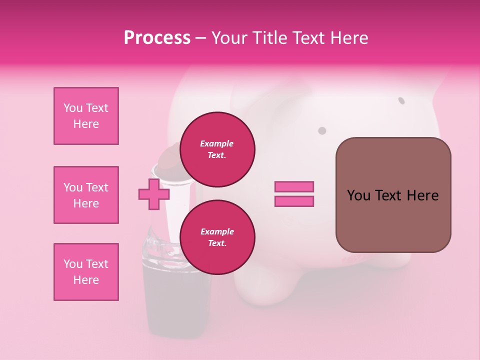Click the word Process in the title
157,38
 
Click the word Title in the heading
269,38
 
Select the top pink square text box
86,116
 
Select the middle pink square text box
86,195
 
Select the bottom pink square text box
86,272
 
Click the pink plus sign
153,194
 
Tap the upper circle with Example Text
217,149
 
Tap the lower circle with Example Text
217,237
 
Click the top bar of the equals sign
294,186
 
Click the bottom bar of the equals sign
294,201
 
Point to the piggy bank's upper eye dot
401,100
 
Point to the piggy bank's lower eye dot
322,130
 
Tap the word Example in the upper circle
217,143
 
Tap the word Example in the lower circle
217,231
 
